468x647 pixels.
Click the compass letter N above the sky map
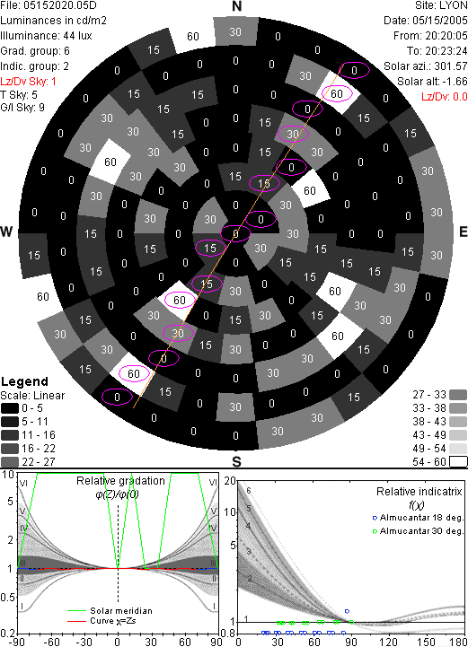pyautogui.click(x=236, y=6)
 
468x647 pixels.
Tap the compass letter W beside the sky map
pyautogui.click(x=6, y=232)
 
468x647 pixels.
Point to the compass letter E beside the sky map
pyautogui.click(x=463, y=232)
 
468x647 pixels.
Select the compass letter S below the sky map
pyautogui.click(x=236, y=462)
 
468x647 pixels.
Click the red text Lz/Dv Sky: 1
pyautogui.click(x=28, y=82)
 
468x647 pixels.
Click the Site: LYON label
pyautogui.click(x=441, y=5)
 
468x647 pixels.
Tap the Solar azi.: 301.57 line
pyautogui.click(x=426, y=66)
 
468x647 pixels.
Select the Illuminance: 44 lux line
pyautogui.click(x=46, y=36)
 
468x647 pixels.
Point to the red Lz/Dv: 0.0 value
pyautogui.click(x=445, y=97)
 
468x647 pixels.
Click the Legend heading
pyautogui.click(x=24, y=381)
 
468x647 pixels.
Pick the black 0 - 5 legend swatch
pyautogui.click(x=10, y=408)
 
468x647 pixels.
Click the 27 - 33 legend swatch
pyautogui.click(x=458, y=396)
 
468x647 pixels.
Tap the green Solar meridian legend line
pyautogui.click(x=76, y=611)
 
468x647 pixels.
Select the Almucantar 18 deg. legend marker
pyautogui.click(x=375, y=518)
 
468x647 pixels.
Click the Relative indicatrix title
pyautogui.click(x=419, y=492)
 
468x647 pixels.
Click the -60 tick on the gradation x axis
pyautogui.click(x=52, y=642)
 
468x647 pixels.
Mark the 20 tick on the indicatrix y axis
pyautogui.click(x=230, y=481)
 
